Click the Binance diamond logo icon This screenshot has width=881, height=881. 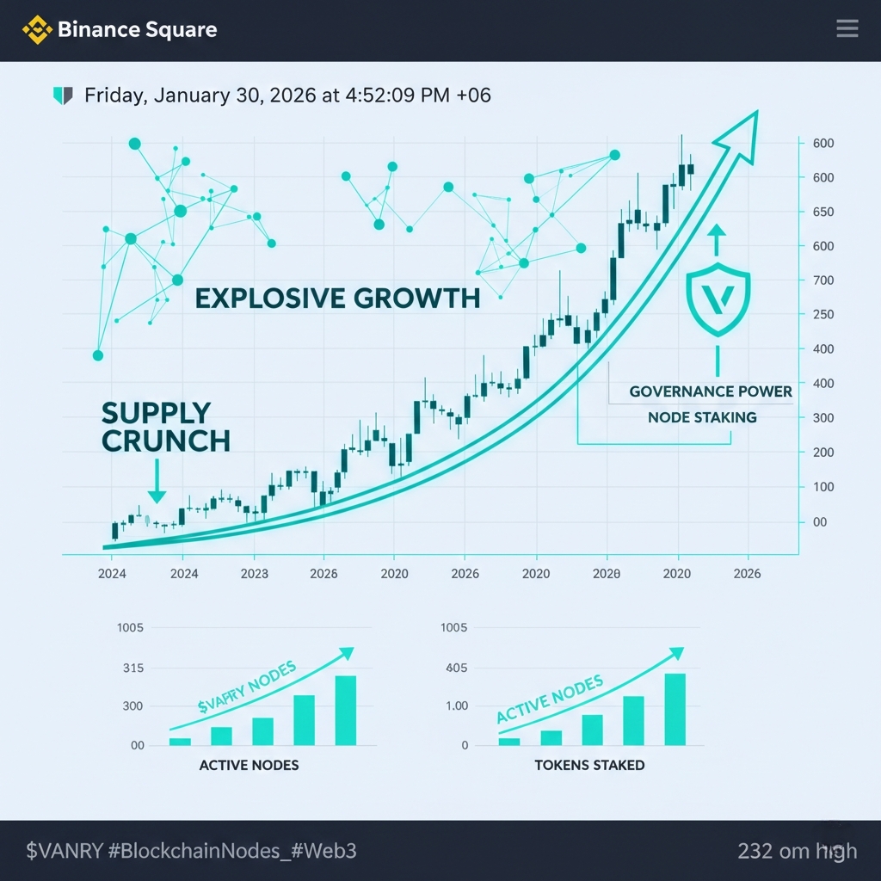click(x=37, y=30)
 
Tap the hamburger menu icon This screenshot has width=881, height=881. click(x=847, y=29)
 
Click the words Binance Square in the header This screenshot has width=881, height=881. click(x=137, y=30)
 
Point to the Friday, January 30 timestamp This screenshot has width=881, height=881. click(x=287, y=95)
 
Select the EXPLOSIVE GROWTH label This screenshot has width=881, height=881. click(x=337, y=299)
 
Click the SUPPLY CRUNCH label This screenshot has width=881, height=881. click(x=166, y=427)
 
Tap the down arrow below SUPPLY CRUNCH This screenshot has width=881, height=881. click(x=157, y=483)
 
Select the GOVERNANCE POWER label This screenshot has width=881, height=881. click(x=711, y=391)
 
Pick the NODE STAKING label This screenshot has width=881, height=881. click(x=703, y=417)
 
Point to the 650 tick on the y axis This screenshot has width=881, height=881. click(x=823, y=212)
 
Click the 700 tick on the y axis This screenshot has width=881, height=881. click(x=823, y=280)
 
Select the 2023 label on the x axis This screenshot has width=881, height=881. click(x=255, y=573)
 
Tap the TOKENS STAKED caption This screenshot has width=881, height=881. click(x=589, y=765)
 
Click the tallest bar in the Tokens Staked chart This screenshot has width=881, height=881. click(x=675, y=709)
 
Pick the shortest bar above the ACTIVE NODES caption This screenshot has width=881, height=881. click(x=180, y=741)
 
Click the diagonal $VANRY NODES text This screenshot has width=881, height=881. click(x=246, y=688)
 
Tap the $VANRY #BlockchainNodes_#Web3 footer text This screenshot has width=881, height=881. click(x=191, y=851)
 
